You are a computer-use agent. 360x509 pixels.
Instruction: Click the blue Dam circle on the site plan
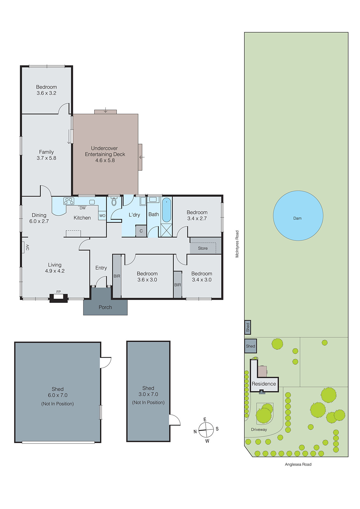[298, 216]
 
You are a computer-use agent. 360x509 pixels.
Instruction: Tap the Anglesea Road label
[298, 464]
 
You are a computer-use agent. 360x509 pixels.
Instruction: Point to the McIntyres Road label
[237, 244]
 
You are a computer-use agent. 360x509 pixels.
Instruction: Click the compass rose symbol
[206, 430]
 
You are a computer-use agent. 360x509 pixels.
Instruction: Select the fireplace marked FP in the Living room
[58, 297]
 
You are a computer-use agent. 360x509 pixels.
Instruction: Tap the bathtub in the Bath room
[166, 210]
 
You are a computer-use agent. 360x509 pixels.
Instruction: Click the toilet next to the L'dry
[114, 202]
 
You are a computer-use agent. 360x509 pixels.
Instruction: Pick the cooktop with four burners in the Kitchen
[69, 201]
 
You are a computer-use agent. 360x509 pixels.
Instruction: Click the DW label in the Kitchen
[82, 208]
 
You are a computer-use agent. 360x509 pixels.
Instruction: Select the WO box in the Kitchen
[102, 216]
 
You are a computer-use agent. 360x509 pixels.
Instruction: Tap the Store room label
[203, 248]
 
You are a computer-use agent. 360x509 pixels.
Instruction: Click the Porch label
[105, 307]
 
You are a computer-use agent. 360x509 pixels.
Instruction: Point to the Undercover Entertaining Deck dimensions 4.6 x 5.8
[105, 160]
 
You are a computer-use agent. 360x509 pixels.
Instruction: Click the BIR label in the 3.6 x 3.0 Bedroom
[117, 276]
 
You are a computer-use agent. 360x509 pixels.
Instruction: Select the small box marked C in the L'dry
[141, 231]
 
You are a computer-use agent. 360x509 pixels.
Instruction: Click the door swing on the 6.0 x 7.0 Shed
[106, 362]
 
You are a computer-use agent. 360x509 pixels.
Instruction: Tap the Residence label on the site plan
[264, 384]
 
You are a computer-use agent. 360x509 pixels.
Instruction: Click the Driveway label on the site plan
[259, 429]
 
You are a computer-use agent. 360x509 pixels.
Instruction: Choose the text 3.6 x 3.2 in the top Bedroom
[46, 93]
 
